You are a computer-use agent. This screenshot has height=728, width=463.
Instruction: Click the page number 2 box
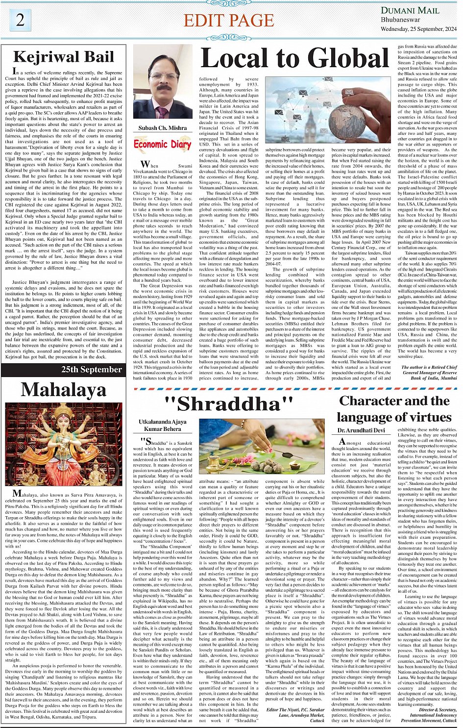[20, 20]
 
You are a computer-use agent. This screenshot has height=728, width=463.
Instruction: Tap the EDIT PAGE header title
[229, 21]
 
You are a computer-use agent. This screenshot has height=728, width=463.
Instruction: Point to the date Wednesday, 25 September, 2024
[418, 29]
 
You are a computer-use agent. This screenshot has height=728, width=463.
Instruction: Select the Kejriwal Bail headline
[63, 57]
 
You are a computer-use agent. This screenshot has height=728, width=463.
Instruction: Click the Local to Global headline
[295, 58]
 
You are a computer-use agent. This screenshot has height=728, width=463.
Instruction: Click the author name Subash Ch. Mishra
[163, 128]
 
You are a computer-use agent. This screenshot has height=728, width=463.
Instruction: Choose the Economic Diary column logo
[162, 144]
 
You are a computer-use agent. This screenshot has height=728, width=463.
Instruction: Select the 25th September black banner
[92, 370]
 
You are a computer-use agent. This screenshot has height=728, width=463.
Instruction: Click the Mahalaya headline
[63, 390]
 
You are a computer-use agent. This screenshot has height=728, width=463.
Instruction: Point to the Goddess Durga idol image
[63, 444]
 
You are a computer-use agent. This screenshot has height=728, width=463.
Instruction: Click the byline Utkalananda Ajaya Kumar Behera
[163, 425]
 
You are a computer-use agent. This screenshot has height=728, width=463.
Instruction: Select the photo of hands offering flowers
[262, 446]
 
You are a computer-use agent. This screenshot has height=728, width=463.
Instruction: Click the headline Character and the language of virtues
[394, 408]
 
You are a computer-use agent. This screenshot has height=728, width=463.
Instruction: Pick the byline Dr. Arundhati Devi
[361, 430]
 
